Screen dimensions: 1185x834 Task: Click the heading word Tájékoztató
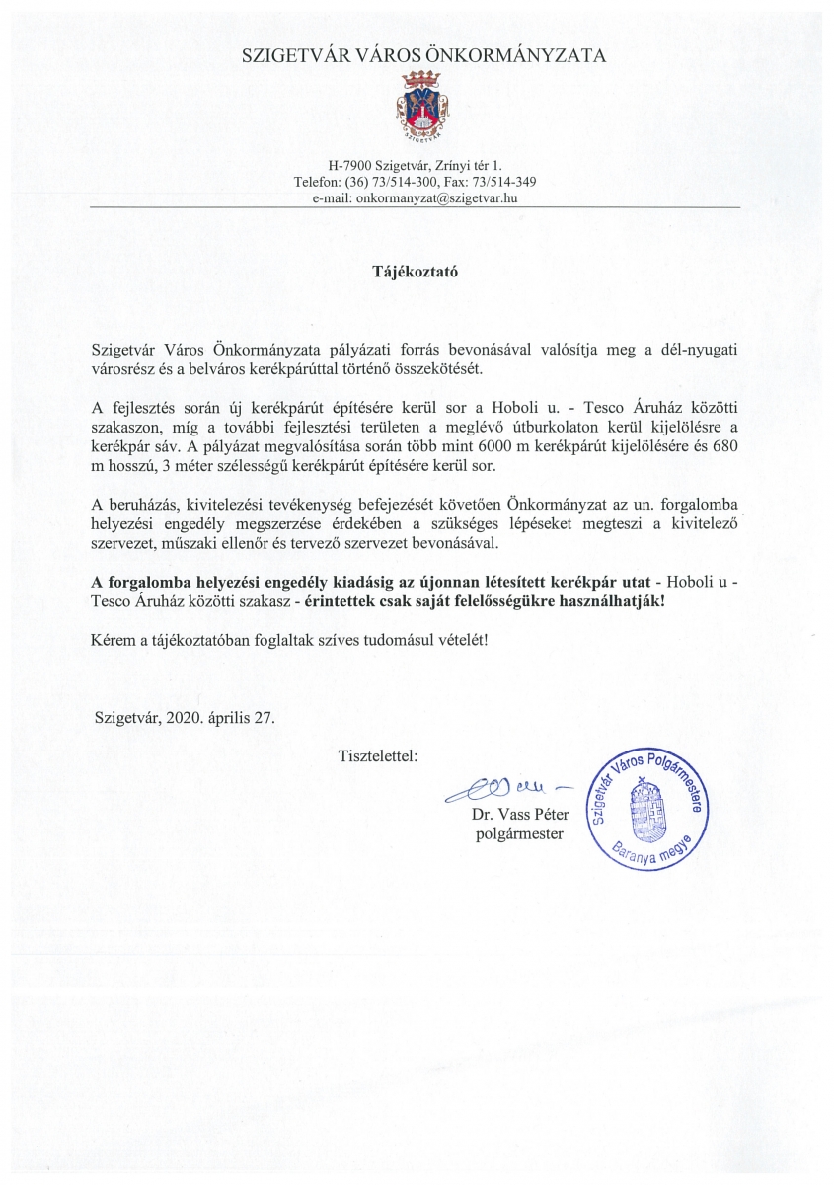[417, 269]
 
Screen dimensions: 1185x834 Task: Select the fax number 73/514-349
[504, 182]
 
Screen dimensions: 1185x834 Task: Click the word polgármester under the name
[519, 835]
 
